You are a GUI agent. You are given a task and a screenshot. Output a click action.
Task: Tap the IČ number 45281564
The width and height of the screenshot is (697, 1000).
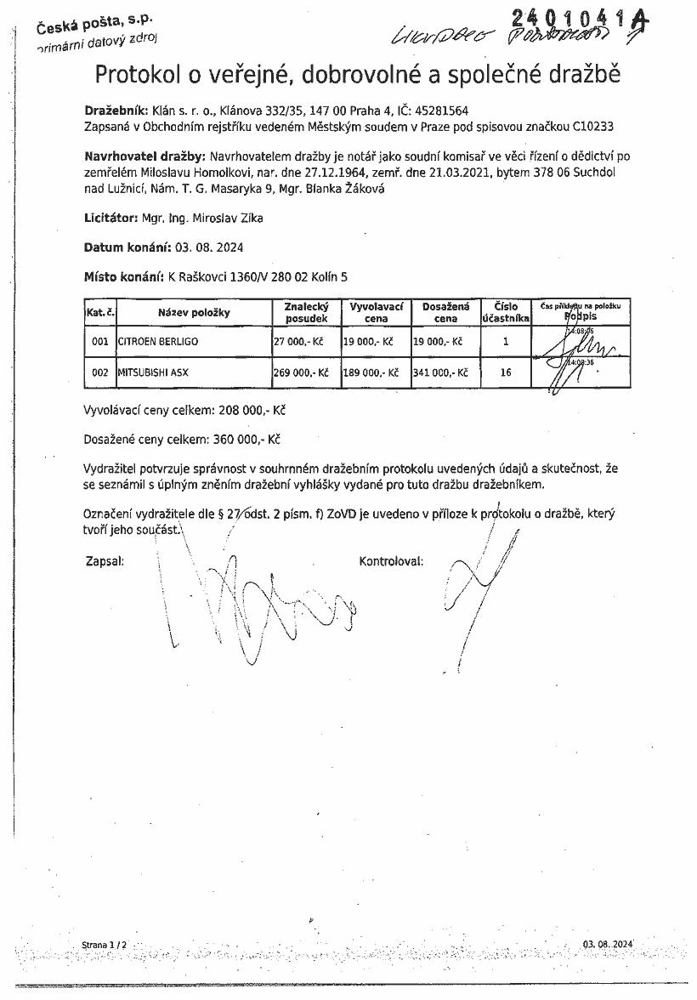coord(439,111)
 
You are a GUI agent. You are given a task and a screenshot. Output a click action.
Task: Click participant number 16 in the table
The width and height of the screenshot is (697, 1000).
coord(506,372)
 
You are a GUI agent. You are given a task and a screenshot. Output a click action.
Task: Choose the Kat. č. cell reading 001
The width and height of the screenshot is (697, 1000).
coord(99,342)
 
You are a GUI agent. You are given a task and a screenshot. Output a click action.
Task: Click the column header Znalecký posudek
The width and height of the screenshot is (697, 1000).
coord(300,312)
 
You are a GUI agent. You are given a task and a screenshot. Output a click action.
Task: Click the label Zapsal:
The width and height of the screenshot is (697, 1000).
coord(105,561)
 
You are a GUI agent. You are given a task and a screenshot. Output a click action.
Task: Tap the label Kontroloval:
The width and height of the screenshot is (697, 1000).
coord(391,561)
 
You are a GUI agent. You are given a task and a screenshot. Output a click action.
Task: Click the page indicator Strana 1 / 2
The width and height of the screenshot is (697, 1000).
coord(104,945)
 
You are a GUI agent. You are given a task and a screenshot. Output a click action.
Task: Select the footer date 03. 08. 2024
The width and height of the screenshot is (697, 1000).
coord(609,945)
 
